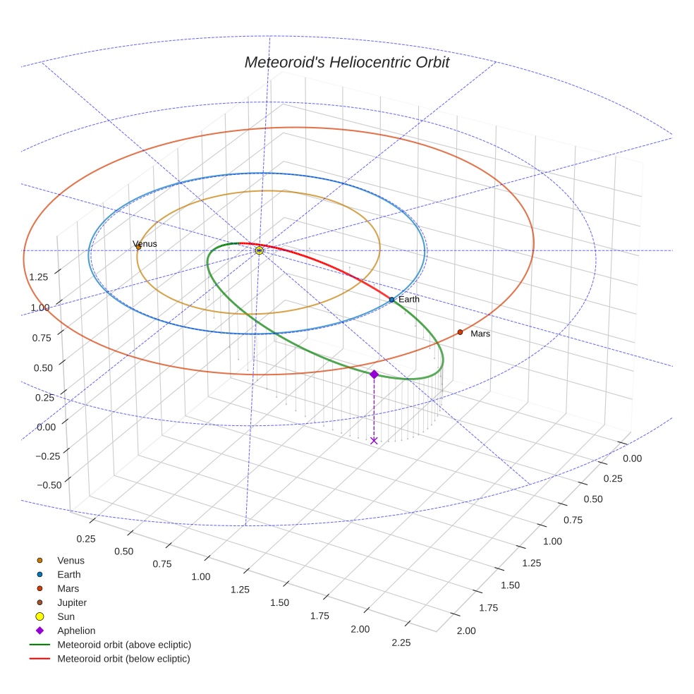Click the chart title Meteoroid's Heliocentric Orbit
(x=346, y=62)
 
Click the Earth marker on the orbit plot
(x=391, y=300)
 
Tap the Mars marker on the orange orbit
(x=460, y=332)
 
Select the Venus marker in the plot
(x=138, y=247)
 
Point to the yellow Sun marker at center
(x=259, y=250)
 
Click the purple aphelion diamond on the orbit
(x=374, y=374)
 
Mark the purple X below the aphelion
(x=374, y=441)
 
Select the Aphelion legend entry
(x=76, y=631)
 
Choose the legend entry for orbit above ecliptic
(x=124, y=645)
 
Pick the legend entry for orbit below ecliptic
(x=123, y=659)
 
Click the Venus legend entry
(x=71, y=561)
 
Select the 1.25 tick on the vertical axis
(x=39, y=276)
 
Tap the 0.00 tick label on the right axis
(x=633, y=458)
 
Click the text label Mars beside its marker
(x=480, y=334)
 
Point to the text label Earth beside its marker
(x=409, y=300)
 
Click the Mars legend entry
(x=68, y=589)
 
